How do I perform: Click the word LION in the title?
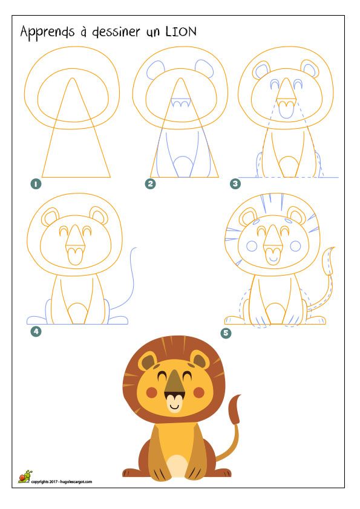[x=181, y=32]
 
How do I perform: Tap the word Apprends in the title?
[x=47, y=33]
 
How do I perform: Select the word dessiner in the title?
[x=116, y=32]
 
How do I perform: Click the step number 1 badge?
[x=36, y=184]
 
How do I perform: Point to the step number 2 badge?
[x=150, y=184]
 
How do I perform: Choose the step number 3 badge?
[x=235, y=184]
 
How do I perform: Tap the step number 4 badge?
[x=36, y=331]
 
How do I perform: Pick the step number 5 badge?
[x=226, y=332]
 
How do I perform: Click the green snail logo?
[x=25, y=476]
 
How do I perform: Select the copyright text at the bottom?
[x=61, y=482]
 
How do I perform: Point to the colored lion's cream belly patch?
[x=177, y=465]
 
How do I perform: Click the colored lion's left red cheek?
[x=152, y=392]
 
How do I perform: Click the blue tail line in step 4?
[x=128, y=280]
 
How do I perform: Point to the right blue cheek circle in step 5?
[x=295, y=246]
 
